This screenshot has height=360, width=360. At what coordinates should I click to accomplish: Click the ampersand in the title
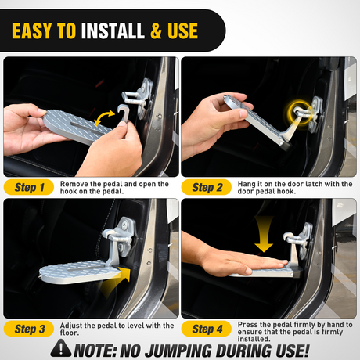(x=157, y=31)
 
